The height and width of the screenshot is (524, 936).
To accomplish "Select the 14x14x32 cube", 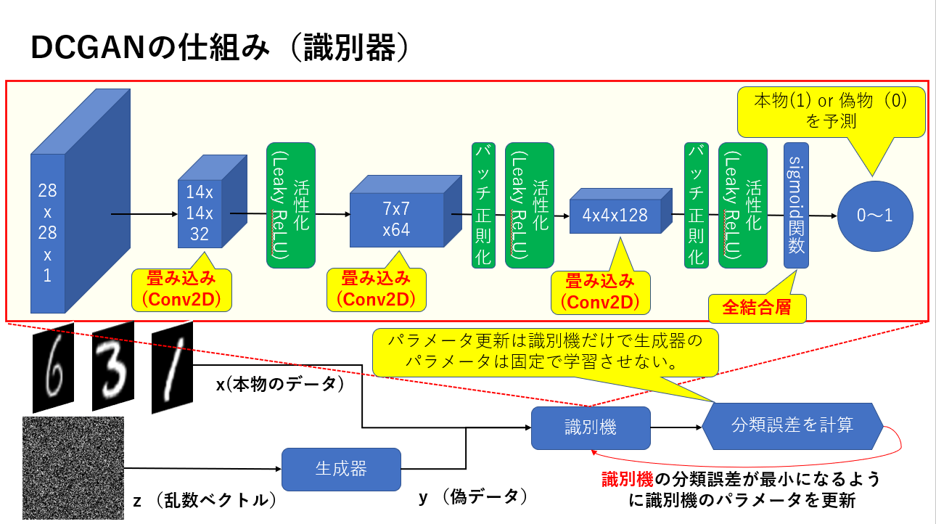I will point(199,213).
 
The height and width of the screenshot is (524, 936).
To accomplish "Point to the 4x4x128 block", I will point(615,215).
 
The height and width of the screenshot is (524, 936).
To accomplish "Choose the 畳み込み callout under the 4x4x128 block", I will point(600,291).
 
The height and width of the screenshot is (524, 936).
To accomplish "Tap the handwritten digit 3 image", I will point(112,367).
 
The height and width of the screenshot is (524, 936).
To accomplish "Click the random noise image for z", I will point(73,467).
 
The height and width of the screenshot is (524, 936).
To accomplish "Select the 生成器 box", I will point(341,469).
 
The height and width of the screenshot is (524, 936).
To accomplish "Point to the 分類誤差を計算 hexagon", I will point(792,425).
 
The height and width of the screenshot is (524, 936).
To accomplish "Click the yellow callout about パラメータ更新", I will point(544,352).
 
